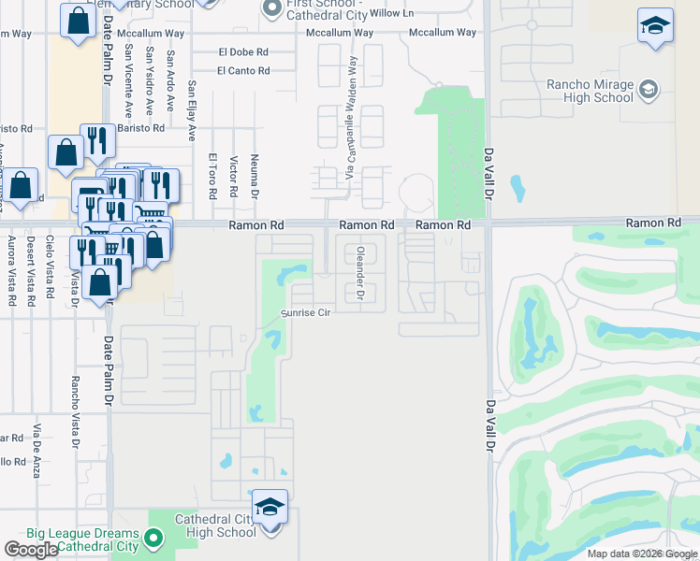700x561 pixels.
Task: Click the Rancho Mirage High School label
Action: pyautogui.click(x=590, y=91)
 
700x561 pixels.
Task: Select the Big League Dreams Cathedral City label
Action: pyautogui.click(x=82, y=539)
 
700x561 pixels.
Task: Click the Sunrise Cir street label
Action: pyautogui.click(x=307, y=313)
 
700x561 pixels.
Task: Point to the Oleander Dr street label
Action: pyautogui.click(x=360, y=273)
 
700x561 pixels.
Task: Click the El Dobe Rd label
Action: pyautogui.click(x=243, y=52)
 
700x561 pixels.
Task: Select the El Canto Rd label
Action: pyautogui.click(x=243, y=70)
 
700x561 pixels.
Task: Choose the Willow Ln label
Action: pyautogui.click(x=391, y=13)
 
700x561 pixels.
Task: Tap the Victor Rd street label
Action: pyautogui.click(x=233, y=177)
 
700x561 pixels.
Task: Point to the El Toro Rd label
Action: pyautogui.click(x=213, y=177)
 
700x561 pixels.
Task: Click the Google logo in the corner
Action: pyautogui.click(x=32, y=550)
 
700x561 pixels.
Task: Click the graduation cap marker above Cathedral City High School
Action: pyautogui.click(x=270, y=509)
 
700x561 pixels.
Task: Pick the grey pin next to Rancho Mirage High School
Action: pyautogui.click(x=648, y=91)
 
